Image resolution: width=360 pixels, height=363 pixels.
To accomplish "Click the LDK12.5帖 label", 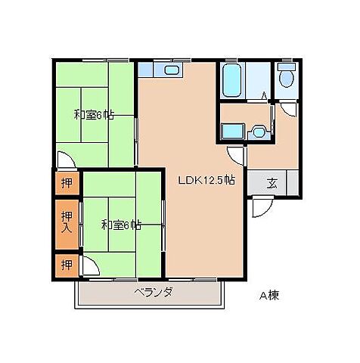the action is point(206,181).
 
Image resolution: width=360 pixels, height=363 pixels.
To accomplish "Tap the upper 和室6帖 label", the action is point(94,115).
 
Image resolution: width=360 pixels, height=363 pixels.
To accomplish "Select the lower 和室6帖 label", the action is point(121,225).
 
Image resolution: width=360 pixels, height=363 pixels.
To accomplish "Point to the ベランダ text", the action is point(154,293).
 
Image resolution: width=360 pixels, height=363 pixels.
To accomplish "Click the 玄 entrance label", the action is point(272,183).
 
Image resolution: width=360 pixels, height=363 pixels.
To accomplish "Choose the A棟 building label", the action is point(269,296).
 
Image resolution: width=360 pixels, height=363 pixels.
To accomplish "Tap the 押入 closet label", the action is point(67,222).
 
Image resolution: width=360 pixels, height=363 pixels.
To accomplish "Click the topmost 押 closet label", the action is point(67,183).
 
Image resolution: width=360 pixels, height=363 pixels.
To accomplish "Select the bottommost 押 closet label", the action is point(67,265).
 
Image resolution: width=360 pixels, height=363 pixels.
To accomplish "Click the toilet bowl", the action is point(287,78).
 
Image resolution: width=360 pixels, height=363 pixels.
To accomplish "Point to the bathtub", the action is point(231,80).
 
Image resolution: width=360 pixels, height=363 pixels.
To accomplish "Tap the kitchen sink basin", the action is point(172,70).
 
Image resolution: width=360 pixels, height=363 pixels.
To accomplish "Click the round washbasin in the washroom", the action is point(258,132).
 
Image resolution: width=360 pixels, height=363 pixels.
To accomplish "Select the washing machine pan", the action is point(233,131).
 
